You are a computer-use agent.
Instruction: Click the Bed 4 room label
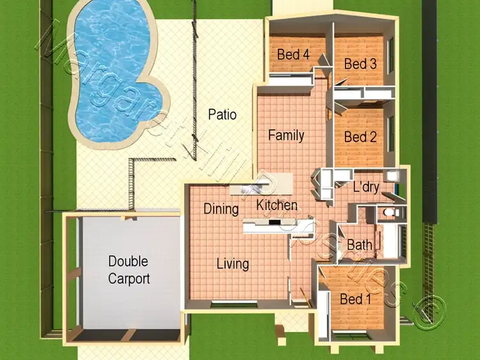(x=293, y=55)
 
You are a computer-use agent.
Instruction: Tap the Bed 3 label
(x=360, y=64)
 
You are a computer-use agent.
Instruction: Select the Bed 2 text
(x=360, y=137)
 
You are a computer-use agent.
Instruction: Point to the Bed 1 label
(x=355, y=299)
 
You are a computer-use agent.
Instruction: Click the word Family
(x=286, y=135)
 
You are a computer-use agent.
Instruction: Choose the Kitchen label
(x=277, y=206)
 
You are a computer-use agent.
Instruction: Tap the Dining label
(x=221, y=209)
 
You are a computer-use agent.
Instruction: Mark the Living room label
(x=232, y=263)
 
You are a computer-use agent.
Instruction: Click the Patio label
(x=222, y=115)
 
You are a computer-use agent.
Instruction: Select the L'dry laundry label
(x=366, y=187)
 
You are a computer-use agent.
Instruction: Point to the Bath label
(x=359, y=245)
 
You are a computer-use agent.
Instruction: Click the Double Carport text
(x=129, y=270)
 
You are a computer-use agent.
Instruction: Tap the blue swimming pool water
(x=109, y=64)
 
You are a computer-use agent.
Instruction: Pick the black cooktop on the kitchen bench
(x=275, y=224)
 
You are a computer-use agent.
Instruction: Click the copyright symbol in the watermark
(x=424, y=313)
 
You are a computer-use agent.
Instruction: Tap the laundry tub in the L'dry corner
(x=395, y=176)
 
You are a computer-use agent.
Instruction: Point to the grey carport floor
(x=128, y=301)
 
